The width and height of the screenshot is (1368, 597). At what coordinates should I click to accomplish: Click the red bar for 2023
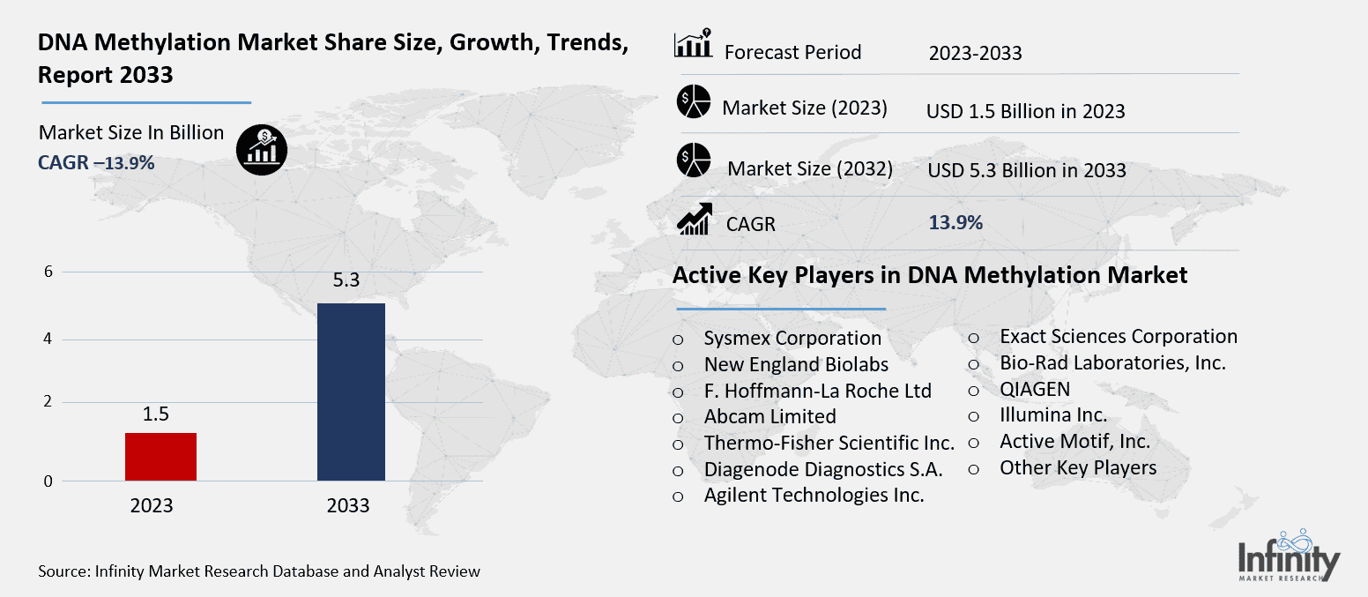click(x=160, y=457)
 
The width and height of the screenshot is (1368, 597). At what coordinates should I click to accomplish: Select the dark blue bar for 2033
click(x=350, y=392)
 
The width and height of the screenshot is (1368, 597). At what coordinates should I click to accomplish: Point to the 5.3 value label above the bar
click(x=350, y=281)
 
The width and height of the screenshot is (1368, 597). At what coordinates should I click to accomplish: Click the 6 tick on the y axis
click(x=49, y=272)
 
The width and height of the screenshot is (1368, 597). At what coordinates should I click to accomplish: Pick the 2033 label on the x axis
click(x=348, y=506)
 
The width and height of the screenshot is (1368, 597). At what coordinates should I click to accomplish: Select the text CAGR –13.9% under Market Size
click(x=96, y=162)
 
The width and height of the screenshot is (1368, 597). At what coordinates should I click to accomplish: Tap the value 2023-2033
click(x=975, y=53)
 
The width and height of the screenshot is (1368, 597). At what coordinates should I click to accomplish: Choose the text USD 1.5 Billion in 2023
click(x=1025, y=111)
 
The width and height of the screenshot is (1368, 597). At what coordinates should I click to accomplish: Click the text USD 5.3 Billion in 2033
click(x=1026, y=170)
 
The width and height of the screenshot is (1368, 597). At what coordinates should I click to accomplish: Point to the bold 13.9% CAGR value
click(x=955, y=223)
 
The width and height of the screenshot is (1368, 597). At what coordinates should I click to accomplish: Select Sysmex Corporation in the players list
click(x=792, y=339)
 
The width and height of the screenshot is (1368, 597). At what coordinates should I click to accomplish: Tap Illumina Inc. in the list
click(x=1053, y=415)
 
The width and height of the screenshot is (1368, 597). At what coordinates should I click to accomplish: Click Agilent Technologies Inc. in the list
click(x=814, y=496)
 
